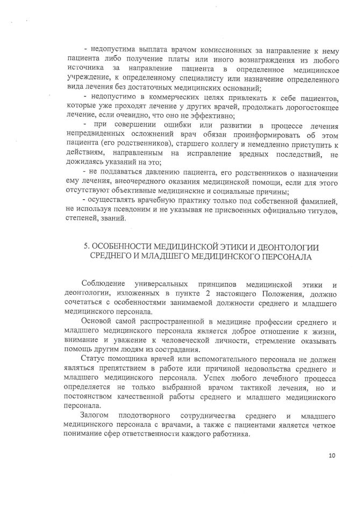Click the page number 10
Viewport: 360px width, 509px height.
coord(332,456)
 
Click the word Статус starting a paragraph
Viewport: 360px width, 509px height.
coord(92,359)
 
